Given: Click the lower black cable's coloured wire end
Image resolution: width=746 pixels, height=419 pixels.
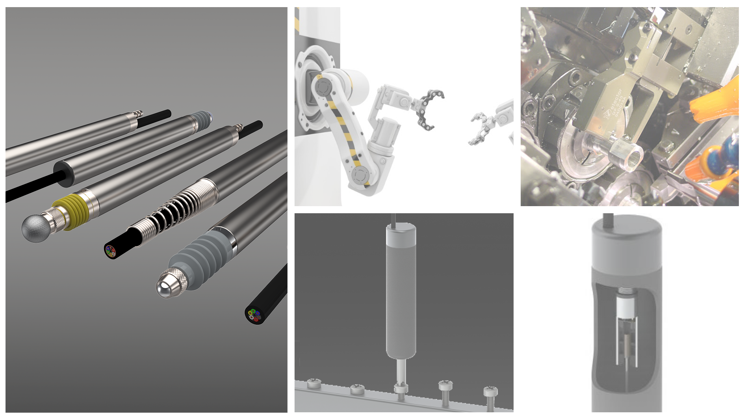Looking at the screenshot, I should [x=254, y=315].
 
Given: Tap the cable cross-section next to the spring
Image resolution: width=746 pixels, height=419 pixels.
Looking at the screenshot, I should [x=110, y=251].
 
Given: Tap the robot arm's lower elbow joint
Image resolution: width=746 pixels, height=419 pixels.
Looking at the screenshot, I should [x=360, y=175].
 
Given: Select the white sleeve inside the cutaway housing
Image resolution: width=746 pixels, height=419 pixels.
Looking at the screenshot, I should [x=626, y=307].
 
